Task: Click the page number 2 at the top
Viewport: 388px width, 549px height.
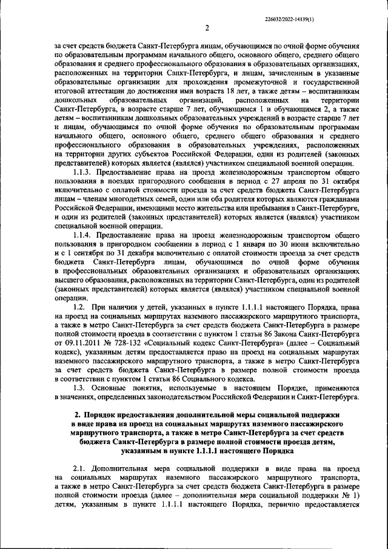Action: coord(206,27)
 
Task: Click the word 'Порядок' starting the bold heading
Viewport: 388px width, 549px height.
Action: coord(91,414)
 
